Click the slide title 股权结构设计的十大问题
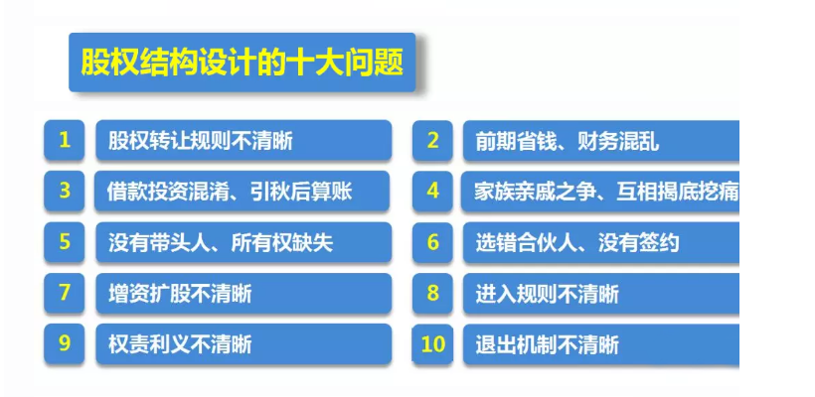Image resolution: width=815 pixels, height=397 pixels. (243, 63)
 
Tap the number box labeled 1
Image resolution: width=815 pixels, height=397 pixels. (64, 140)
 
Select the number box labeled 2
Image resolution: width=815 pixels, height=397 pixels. (432, 140)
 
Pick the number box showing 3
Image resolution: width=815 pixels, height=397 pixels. (64, 191)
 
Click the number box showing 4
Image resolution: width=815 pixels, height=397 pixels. (432, 191)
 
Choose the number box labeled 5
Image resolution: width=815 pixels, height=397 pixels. (64, 242)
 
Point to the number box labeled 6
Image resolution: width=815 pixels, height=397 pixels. (432, 242)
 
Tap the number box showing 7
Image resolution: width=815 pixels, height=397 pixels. (64, 293)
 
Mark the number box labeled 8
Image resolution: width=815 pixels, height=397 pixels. (432, 293)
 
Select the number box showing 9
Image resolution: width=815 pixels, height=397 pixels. (64, 344)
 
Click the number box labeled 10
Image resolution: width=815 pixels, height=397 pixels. (432, 344)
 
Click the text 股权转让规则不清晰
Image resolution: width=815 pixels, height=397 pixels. (201, 141)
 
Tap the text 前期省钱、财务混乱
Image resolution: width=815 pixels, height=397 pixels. (568, 141)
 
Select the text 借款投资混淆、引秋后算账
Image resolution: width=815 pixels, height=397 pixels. (230, 192)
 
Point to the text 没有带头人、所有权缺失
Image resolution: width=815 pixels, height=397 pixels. (221, 243)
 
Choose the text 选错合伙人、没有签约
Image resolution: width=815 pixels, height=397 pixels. (577, 243)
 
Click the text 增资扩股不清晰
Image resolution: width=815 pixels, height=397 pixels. (180, 294)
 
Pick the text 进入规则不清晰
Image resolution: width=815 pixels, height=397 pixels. (548, 294)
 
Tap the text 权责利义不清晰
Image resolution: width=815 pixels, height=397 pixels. (180, 344)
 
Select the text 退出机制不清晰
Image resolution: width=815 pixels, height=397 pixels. (548, 344)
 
